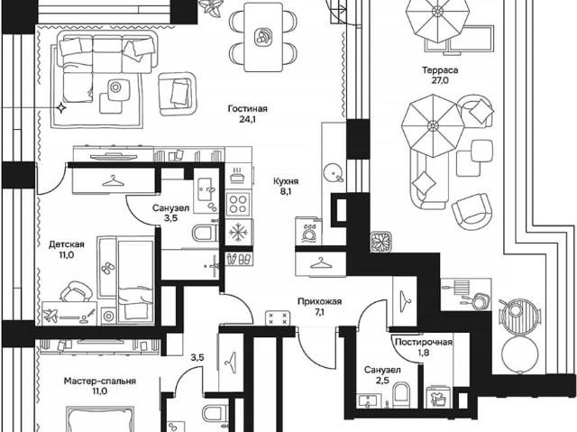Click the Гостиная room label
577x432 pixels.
[x=247, y=109]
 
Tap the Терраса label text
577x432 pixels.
[x=440, y=70]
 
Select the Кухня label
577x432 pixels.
[x=286, y=181]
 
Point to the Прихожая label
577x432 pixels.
[x=319, y=302]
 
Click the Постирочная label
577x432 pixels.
[x=423, y=342]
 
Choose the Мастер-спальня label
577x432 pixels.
[x=100, y=381]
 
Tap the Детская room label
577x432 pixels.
[x=67, y=244]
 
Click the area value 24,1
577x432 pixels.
[x=247, y=119]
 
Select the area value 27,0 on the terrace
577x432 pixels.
[x=440, y=80]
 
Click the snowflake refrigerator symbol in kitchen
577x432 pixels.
[x=239, y=233]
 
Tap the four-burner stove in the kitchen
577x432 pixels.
[x=238, y=205]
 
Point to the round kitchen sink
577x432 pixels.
[x=333, y=173]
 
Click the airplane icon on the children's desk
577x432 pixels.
[x=50, y=316]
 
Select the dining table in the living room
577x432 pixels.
[x=263, y=37]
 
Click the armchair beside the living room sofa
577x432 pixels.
[x=177, y=94]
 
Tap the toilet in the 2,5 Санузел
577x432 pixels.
[x=401, y=395]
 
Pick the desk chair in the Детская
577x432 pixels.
[x=76, y=292]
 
